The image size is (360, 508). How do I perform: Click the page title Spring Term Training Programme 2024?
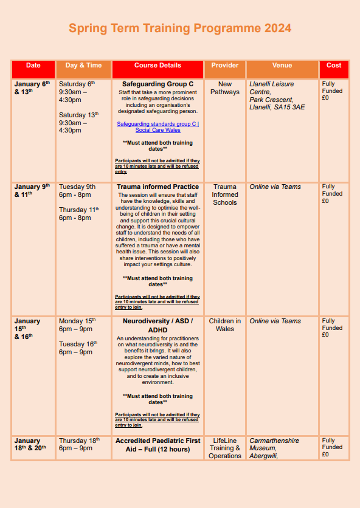point(179,29)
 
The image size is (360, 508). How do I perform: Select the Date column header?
point(33,66)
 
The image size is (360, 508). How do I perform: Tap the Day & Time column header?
point(84,66)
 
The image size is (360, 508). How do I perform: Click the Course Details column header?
point(157,66)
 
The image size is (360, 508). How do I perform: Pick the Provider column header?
point(224,66)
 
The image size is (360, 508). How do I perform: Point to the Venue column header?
point(282,66)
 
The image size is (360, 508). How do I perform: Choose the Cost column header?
point(334,66)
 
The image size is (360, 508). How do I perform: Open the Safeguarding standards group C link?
point(157,126)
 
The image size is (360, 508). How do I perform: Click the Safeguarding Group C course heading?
point(157,84)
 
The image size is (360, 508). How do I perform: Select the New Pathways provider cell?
point(224,88)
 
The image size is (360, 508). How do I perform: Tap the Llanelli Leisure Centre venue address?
point(277,95)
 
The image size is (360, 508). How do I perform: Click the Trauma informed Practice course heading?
point(157,187)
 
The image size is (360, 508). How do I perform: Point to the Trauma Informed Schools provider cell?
point(224,194)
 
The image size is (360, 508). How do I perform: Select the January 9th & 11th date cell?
point(32,191)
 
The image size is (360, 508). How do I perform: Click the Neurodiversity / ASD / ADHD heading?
point(157,325)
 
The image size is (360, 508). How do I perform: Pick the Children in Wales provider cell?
point(224,325)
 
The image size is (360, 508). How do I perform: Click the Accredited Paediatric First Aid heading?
point(157,445)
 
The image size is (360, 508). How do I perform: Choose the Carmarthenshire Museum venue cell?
point(274,448)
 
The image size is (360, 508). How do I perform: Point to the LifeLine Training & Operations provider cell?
point(224,448)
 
